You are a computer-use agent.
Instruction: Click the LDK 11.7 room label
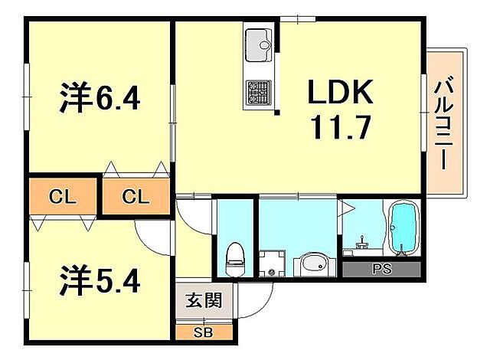(341, 110)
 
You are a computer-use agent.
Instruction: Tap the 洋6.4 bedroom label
(100, 97)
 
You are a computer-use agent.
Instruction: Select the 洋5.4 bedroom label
(100, 280)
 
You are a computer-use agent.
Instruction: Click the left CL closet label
(63, 197)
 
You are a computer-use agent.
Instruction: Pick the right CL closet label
(136, 197)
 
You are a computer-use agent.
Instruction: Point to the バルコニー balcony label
(444, 123)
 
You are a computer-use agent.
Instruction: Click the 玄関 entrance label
(204, 300)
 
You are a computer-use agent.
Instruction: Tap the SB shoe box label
(204, 332)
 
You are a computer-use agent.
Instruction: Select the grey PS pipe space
(381, 269)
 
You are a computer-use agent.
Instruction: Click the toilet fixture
(235, 260)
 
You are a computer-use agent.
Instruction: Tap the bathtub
(403, 228)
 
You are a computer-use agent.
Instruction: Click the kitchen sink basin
(259, 45)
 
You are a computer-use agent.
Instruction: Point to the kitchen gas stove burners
(259, 92)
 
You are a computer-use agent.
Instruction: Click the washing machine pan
(272, 263)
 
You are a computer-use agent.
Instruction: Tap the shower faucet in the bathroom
(362, 243)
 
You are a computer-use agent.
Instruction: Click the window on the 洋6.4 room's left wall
(27, 97)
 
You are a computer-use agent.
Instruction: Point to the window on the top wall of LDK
(298, 18)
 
